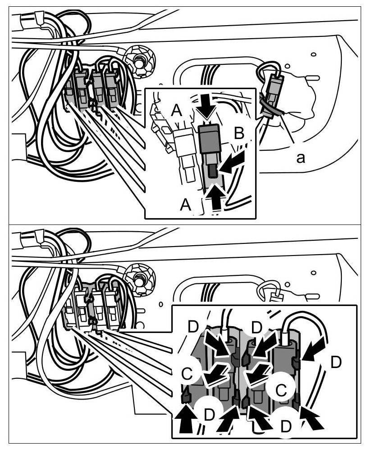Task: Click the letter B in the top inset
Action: [x=240, y=134]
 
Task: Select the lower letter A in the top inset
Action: [x=185, y=205]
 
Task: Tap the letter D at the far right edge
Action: [x=335, y=363]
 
